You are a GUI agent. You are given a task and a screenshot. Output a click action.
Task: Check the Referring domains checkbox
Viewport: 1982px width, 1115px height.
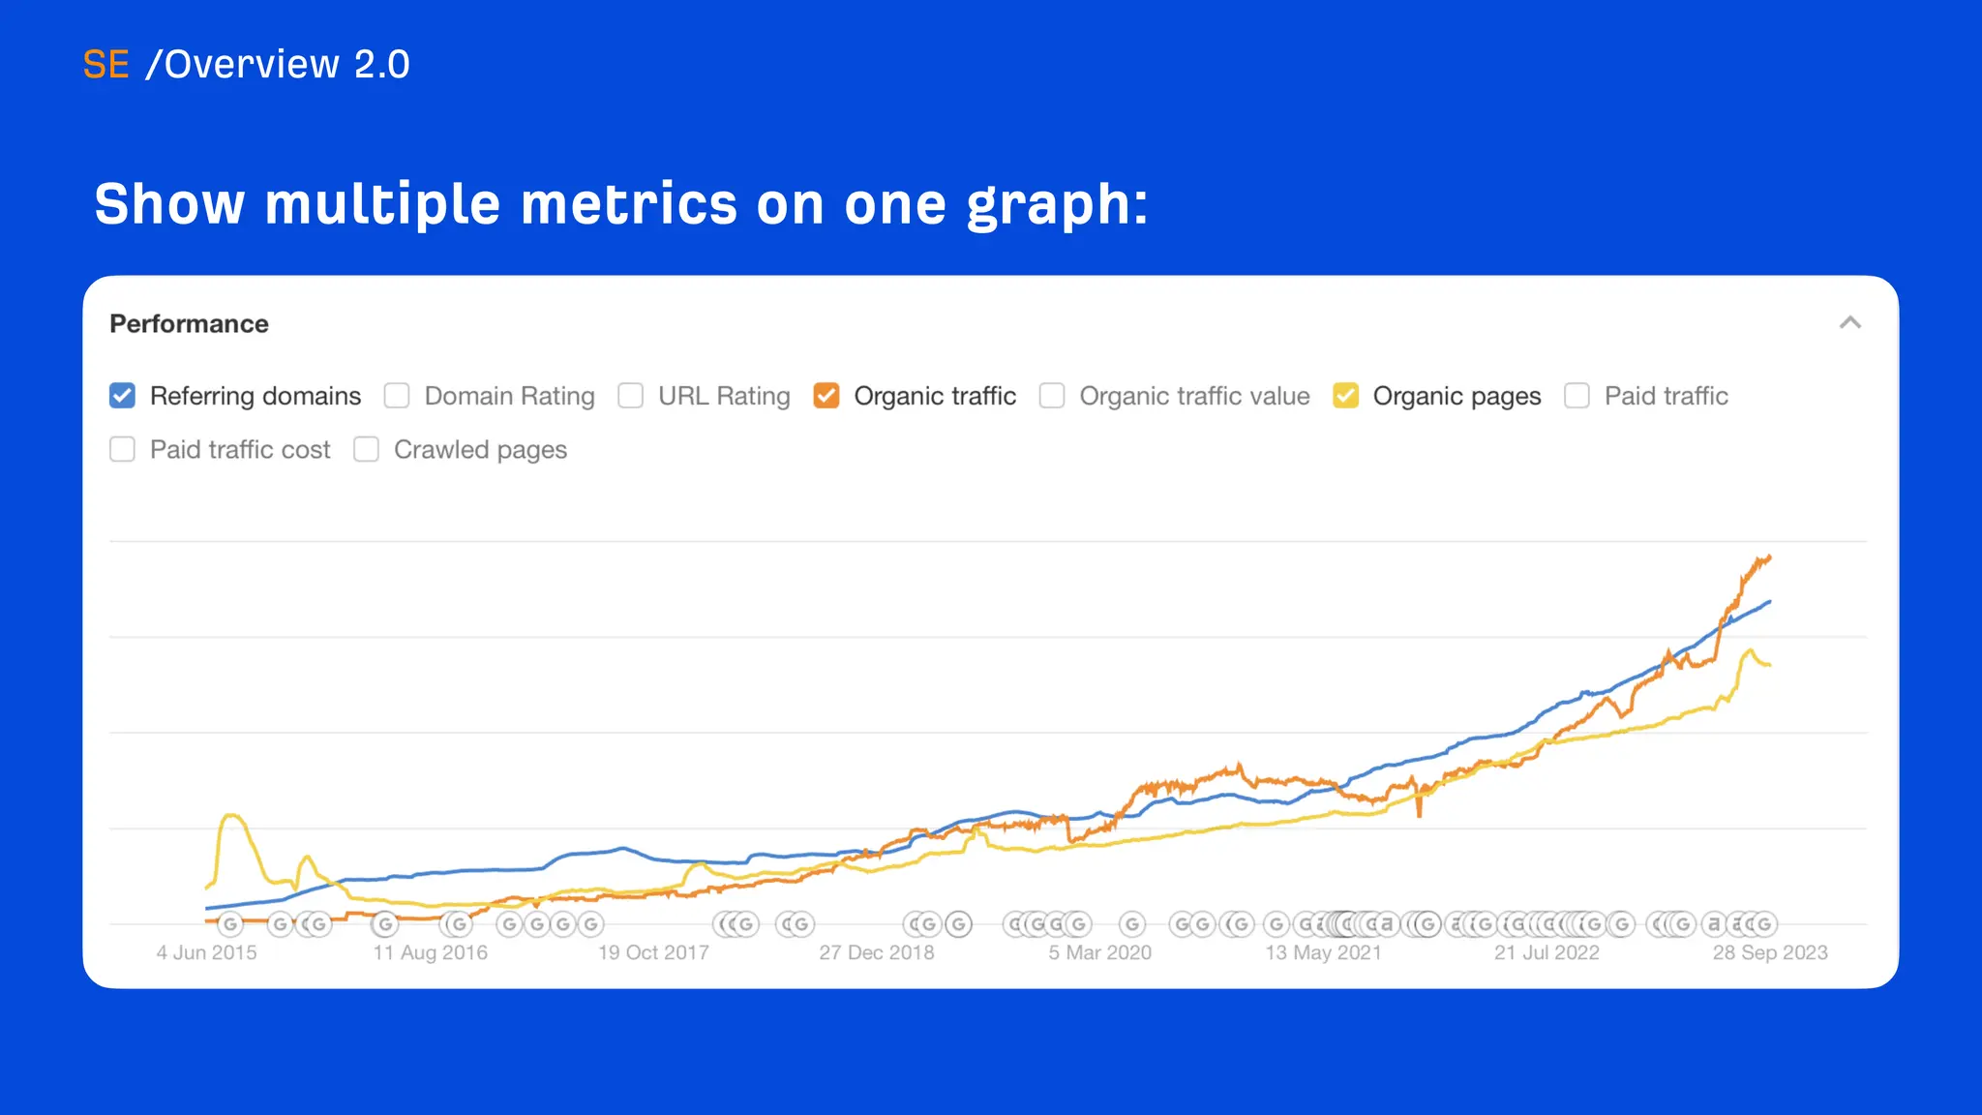point(123,396)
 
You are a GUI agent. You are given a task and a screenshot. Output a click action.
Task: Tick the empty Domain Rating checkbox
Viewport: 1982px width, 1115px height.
point(397,396)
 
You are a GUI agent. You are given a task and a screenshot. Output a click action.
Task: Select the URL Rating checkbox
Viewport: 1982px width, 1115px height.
point(631,396)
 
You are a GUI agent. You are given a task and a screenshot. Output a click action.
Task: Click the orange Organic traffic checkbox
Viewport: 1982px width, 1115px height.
point(826,396)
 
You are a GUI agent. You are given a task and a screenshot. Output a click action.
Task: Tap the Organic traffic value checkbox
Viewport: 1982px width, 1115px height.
point(1052,396)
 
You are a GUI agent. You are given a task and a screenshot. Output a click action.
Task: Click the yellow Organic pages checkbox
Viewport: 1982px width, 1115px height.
point(1345,396)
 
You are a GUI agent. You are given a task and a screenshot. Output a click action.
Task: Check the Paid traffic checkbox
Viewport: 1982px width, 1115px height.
point(1577,396)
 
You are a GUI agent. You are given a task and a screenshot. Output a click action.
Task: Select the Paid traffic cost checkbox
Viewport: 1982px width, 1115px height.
point(123,449)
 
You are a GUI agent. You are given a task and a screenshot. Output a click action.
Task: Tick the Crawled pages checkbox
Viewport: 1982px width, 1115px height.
point(366,449)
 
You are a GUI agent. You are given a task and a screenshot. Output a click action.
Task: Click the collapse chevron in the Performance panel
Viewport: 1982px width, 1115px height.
point(1849,323)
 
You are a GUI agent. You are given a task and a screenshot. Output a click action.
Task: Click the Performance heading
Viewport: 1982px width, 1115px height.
point(189,323)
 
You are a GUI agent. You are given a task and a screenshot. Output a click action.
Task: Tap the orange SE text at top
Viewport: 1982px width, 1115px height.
point(105,65)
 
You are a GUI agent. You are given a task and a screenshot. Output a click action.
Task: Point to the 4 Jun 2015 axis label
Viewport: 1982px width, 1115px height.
point(206,952)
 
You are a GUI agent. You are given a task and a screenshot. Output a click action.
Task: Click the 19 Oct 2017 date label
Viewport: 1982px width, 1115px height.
point(653,952)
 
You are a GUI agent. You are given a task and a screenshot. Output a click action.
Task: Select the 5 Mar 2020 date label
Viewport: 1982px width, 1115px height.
point(1099,952)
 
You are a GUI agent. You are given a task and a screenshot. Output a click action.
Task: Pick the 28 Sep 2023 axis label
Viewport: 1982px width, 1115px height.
point(1769,952)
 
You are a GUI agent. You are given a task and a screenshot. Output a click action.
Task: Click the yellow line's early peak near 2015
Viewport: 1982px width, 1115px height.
point(231,816)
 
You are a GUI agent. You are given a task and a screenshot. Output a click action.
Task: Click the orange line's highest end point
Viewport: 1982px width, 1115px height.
point(1769,557)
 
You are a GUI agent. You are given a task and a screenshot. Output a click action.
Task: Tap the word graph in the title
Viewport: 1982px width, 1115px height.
point(1055,205)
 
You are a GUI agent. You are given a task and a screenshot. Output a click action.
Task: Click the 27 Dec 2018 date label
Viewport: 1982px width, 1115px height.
point(876,952)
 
